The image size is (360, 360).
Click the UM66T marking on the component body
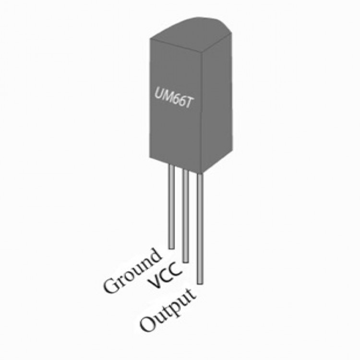click(x=173, y=98)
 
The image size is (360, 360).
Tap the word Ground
click(x=132, y=271)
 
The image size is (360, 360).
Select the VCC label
click(x=165, y=275)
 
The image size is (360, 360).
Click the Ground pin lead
click(x=171, y=206)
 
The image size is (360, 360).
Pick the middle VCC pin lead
click(x=185, y=216)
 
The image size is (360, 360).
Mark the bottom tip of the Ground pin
click(x=171, y=249)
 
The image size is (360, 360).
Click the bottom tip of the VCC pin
click(x=185, y=262)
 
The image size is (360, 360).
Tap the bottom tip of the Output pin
click(x=200, y=284)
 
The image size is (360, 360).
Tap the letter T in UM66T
click(x=188, y=104)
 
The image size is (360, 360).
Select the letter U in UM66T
click(x=159, y=92)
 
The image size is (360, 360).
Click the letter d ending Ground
click(x=153, y=255)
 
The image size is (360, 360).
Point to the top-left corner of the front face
click(x=150, y=38)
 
